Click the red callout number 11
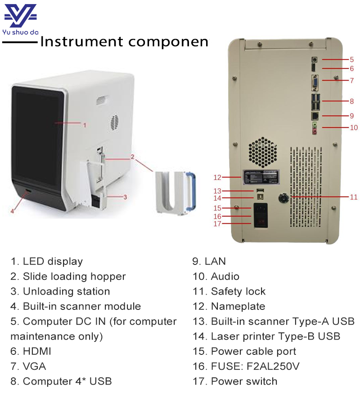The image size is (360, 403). point(354,197)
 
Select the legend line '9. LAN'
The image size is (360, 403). point(209,261)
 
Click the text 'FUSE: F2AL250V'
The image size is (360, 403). point(255,367)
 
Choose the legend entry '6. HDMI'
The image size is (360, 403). point(30,352)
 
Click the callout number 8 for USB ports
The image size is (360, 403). point(352,101)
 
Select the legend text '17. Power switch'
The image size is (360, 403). point(235,382)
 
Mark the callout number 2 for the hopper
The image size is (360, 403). point(133,157)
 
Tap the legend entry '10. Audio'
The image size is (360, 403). point(216,277)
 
